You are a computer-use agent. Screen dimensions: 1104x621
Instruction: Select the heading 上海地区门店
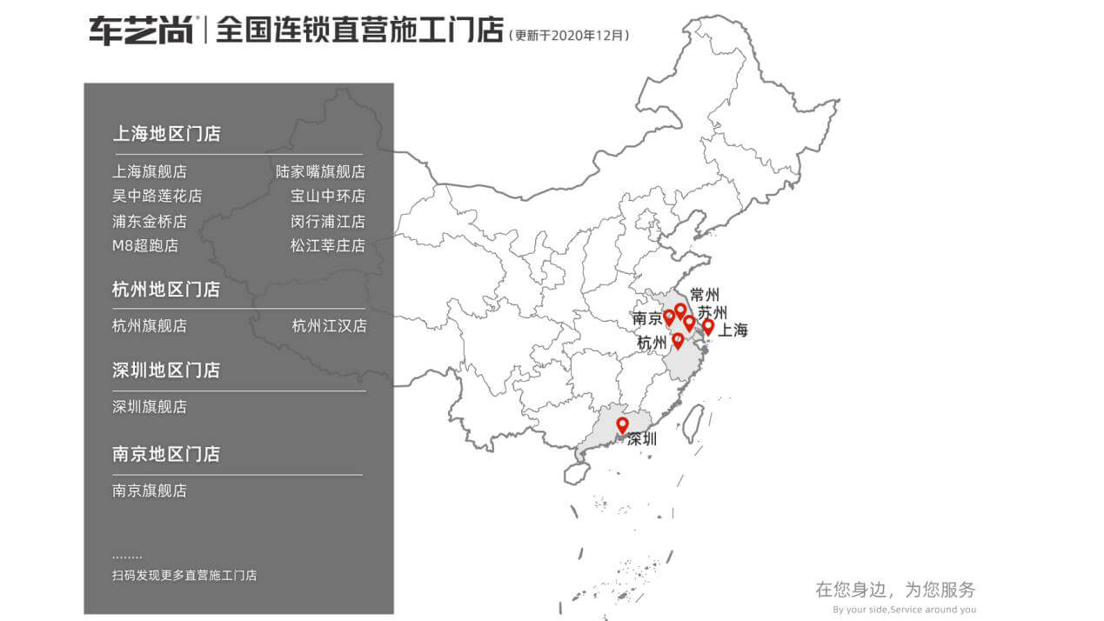tap(166, 134)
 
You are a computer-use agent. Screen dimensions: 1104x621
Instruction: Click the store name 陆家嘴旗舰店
tap(320, 172)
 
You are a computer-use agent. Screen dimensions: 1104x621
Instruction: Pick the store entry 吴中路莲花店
tap(157, 197)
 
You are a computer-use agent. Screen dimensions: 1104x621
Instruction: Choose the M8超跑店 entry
tap(144, 246)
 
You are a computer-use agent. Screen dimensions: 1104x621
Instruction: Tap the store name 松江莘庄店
tap(328, 246)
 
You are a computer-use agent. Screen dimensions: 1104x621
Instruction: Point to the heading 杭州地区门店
tap(166, 290)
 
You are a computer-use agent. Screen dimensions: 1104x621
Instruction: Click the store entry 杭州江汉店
tap(329, 326)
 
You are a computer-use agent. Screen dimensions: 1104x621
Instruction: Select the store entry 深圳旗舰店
tap(150, 407)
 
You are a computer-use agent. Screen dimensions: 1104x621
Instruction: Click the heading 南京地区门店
tap(166, 454)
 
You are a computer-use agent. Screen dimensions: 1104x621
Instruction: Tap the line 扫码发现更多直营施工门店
tap(184, 576)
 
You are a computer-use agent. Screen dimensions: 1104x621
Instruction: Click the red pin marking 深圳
tap(622, 424)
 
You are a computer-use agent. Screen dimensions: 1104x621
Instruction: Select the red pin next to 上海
tap(708, 326)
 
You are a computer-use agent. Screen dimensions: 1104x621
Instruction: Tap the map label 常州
tap(704, 295)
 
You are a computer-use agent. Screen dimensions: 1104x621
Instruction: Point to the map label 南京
tap(647, 319)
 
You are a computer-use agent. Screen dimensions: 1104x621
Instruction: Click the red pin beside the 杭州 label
tap(678, 340)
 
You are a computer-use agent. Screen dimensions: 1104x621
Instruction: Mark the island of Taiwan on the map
tap(693, 422)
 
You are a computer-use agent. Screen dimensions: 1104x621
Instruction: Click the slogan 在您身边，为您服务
tap(895, 590)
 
